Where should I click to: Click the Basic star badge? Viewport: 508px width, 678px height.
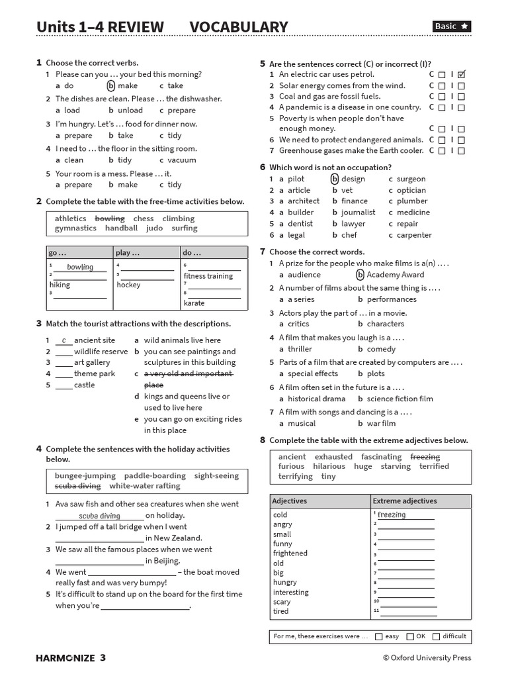click(x=452, y=26)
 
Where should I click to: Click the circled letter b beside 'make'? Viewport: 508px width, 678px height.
click(x=111, y=86)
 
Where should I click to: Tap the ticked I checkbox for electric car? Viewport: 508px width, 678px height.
click(x=462, y=75)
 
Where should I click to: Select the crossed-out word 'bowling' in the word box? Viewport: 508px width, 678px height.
click(x=110, y=218)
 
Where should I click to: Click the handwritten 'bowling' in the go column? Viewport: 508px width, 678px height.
click(x=80, y=267)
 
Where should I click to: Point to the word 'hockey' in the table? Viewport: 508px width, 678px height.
click(x=128, y=285)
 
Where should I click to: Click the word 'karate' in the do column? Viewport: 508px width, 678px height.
click(x=194, y=303)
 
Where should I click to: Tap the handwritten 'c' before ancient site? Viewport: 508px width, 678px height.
click(x=64, y=340)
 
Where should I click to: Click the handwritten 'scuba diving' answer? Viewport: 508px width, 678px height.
click(x=99, y=516)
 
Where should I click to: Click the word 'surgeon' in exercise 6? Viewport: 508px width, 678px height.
click(x=411, y=179)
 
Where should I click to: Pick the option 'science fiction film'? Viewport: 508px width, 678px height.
click(x=400, y=399)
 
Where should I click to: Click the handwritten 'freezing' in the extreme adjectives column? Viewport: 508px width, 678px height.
click(x=392, y=514)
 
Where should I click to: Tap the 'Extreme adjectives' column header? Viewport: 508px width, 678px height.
click(x=405, y=501)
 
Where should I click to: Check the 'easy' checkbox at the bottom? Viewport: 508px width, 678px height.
click(x=378, y=637)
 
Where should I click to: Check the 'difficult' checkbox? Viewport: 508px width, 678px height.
click(x=436, y=637)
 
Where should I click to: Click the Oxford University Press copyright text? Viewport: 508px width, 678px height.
click(x=427, y=657)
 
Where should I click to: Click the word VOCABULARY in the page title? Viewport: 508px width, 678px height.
click(x=239, y=27)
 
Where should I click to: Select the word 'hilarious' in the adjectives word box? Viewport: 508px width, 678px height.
click(x=329, y=466)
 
